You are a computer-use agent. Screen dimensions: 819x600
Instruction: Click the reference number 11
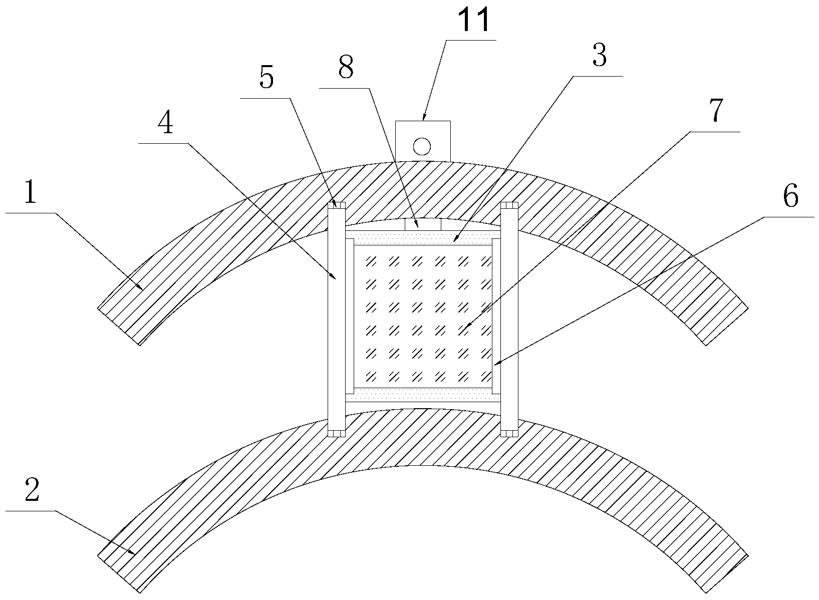[x=474, y=21]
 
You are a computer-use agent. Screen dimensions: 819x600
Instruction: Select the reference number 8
[x=346, y=67]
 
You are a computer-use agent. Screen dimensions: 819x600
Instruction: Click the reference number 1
[x=30, y=192]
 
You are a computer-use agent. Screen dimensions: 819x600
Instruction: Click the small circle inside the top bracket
[x=422, y=146]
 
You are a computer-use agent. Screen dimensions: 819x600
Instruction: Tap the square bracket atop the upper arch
[x=423, y=141]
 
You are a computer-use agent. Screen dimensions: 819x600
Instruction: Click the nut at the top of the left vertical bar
[x=337, y=205]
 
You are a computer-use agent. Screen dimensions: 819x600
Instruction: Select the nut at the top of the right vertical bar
[x=509, y=205]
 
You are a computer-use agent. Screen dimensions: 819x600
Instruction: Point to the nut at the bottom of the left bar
[x=337, y=433]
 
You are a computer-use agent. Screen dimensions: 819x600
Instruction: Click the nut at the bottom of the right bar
[x=509, y=433]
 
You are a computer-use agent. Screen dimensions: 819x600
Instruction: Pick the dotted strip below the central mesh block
[x=423, y=395]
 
